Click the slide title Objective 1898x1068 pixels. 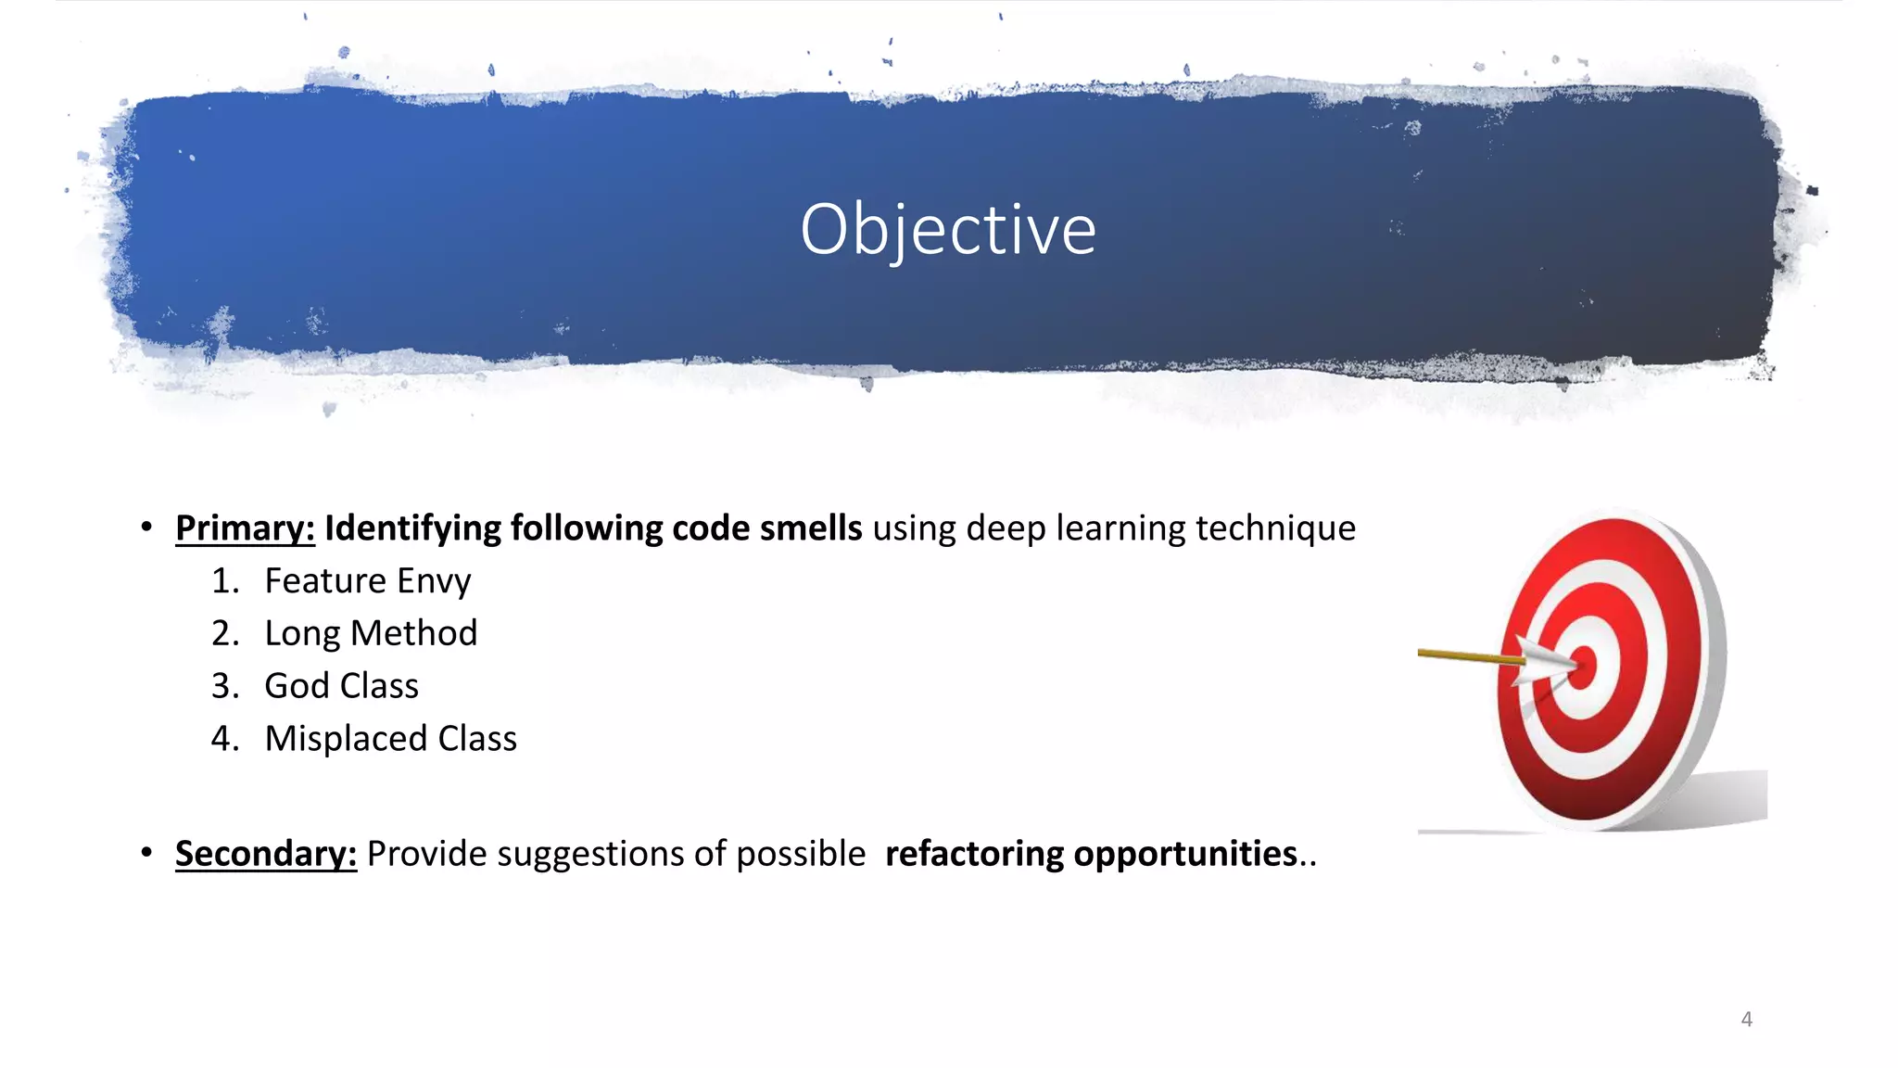click(948, 229)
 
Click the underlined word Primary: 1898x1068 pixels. click(245, 528)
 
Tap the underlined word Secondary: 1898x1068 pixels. click(265, 854)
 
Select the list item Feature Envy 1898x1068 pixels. click(367, 581)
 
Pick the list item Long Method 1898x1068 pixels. click(371, 633)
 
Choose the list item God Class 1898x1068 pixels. click(341, 686)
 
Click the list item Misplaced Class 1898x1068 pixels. click(390, 739)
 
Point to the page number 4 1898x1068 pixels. click(1746, 1020)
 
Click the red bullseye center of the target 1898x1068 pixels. click(1583, 666)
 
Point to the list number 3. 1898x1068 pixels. click(224, 686)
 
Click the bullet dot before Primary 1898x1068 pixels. click(146, 528)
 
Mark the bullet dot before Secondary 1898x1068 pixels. click(146, 852)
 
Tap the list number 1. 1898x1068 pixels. click(224, 581)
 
